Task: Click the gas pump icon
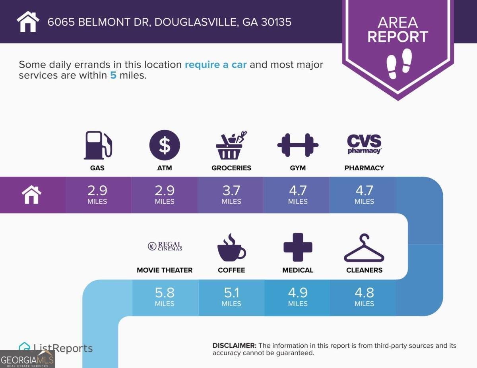pos(98,145)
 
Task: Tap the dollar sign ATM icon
pos(165,145)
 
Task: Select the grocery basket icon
pos(231,145)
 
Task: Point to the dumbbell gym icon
pos(298,145)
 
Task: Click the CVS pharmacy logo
pos(365,144)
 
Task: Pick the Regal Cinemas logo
pos(165,246)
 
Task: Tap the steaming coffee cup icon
pos(232,247)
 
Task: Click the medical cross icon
pos(298,247)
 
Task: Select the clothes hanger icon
pos(364,248)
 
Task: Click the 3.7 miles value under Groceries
pos(231,195)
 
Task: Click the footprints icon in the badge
pos(399,64)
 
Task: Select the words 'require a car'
pos(216,65)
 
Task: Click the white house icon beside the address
pos(28,21)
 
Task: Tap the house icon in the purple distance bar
pos(31,195)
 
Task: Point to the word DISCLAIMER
pos(235,346)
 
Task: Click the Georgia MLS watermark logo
pos(27,359)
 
